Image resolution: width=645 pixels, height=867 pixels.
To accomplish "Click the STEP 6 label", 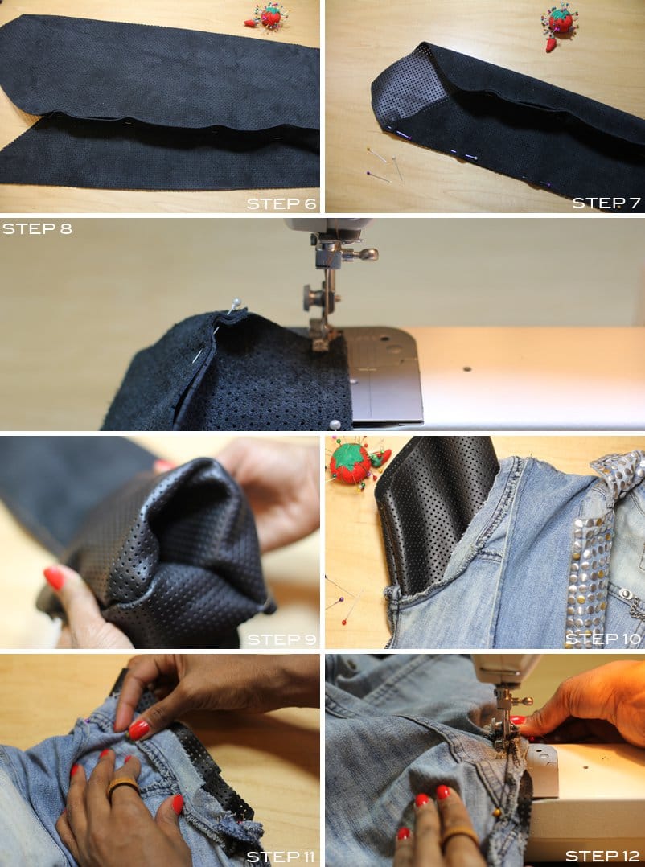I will [281, 203].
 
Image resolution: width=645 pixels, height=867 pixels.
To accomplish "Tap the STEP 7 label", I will [606, 203].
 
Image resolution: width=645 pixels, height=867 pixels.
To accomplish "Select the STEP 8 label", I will [37, 228].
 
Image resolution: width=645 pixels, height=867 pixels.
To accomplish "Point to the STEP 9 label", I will [281, 639].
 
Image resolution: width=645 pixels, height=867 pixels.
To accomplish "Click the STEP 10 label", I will [603, 639].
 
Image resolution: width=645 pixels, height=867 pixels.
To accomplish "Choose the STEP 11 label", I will [281, 855].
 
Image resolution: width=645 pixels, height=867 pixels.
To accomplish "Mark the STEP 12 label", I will [603, 855].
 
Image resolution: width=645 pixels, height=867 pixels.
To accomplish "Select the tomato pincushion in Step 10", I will [351, 463].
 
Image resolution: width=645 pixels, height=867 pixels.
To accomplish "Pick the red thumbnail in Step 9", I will [54, 577].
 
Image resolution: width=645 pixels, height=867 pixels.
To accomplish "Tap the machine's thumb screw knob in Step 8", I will [367, 254].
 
